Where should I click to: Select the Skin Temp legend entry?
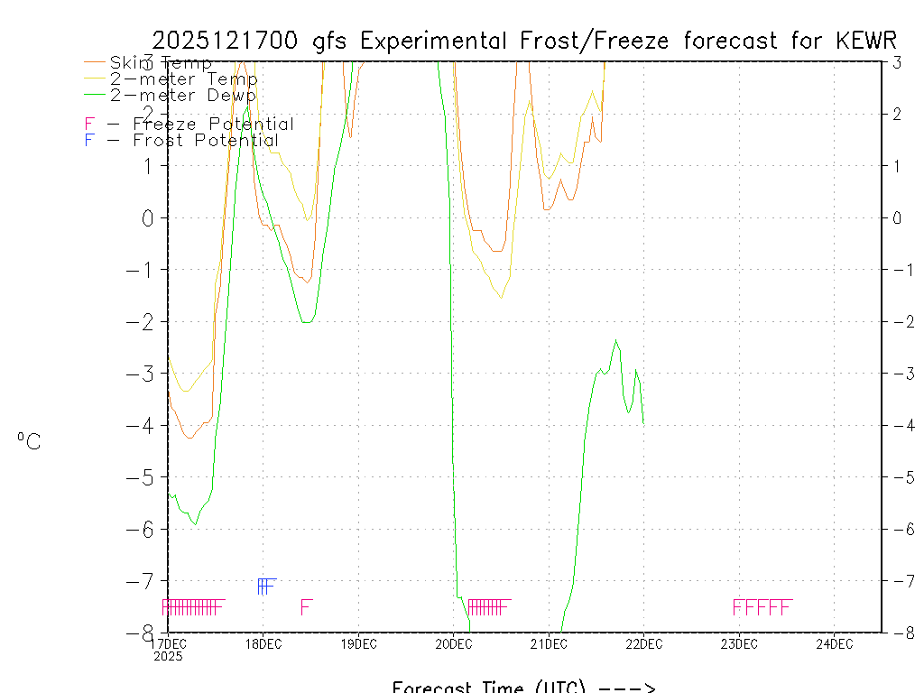tap(161, 63)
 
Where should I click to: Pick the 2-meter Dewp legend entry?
tap(182, 95)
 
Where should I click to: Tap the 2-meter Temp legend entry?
tap(183, 79)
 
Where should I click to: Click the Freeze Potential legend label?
tap(213, 125)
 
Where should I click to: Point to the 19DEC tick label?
tap(358, 644)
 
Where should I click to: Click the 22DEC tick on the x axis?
tap(643, 644)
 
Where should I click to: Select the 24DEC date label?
tap(834, 644)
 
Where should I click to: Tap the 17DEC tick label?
tap(168, 644)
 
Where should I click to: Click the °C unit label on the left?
tap(29, 442)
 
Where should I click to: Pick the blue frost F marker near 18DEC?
tap(265, 587)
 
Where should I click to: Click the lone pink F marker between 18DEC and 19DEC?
tap(307, 607)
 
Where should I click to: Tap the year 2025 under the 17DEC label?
tap(168, 657)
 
